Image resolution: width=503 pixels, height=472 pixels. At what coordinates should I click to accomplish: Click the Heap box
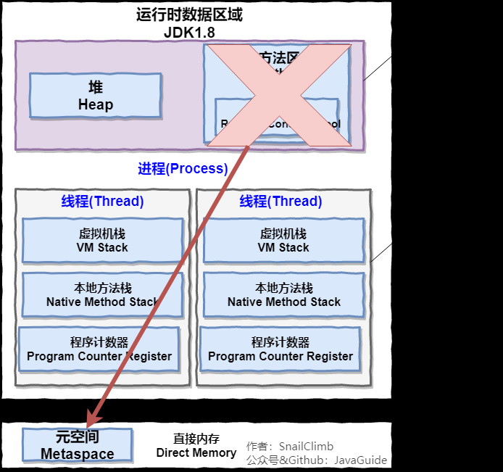coord(95,96)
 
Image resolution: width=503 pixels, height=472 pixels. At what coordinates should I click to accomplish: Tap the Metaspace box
coord(77,445)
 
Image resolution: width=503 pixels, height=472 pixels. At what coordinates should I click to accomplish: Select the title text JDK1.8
coord(189,32)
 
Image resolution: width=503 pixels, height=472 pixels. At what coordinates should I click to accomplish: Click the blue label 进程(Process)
coord(183,169)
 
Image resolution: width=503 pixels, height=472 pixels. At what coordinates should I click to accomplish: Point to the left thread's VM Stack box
coord(102,241)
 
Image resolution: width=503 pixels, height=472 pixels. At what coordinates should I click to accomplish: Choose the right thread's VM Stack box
coord(283,241)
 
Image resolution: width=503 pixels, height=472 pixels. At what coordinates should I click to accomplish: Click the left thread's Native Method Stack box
coord(102,295)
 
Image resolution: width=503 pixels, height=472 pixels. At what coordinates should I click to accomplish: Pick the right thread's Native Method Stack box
coord(283,295)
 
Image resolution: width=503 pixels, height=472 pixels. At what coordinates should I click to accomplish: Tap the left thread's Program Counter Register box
coord(99,349)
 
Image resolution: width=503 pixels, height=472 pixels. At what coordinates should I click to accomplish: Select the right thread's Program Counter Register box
coord(280,349)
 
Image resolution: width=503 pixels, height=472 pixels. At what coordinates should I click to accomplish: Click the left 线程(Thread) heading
coord(102,202)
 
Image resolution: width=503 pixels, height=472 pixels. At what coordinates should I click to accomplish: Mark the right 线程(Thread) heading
coord(280,202)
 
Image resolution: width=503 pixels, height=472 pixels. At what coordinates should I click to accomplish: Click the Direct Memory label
coord(196,452)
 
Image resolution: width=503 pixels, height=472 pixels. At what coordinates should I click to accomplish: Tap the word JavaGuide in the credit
coord(360,460)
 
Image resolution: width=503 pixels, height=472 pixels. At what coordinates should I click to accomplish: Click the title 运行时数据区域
coord(189,15)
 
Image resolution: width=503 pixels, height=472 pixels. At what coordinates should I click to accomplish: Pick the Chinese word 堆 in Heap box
coord(96,88)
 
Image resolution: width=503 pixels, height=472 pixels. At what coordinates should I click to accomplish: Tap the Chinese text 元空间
coord(77,437)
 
